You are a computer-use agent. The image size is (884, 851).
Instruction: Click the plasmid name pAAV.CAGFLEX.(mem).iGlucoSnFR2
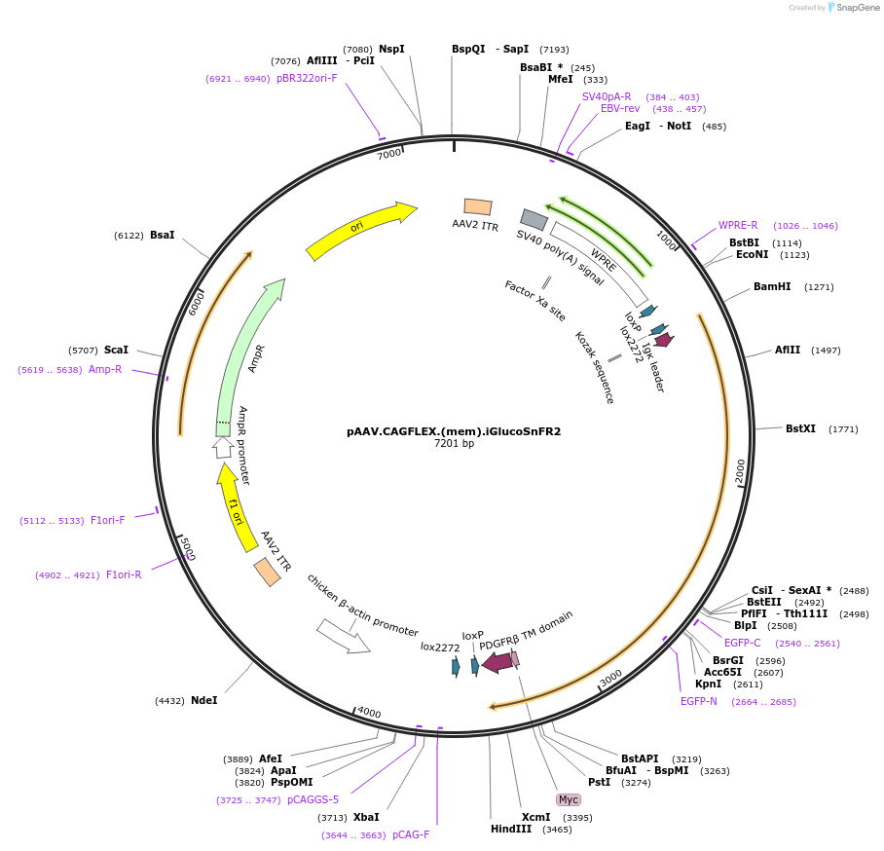(x=454, y=431)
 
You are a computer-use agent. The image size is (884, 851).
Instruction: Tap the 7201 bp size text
(x=454, y=444)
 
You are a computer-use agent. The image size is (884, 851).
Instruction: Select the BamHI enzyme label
(x=773, y=287)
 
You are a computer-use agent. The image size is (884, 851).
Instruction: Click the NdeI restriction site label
(x=203, y=700)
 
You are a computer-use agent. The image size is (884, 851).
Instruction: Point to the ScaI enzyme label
(x=116, y=350)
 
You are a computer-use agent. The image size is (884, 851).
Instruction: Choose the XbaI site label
(x=366, y=818)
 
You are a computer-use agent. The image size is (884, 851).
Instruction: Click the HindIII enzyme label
(x=511, y=830)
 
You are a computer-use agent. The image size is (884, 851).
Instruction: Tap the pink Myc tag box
(x=568, y=799)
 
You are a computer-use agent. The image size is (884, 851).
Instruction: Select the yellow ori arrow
(x=361, y=230)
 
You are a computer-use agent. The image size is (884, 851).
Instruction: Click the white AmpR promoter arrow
(x=223, y=448)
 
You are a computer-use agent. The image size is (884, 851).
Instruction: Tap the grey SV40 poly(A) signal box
(x=534, y=220)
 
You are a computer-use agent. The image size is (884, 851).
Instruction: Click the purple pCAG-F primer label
(x=410, y=834)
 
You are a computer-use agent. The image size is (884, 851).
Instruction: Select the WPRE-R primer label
(x=738, y=226)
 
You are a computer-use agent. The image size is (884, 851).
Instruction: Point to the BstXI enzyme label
(x=800, y=428)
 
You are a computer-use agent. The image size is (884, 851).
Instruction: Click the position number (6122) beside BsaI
(x=129, y=236)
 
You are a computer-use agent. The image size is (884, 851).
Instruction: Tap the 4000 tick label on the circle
(x=369, y=712)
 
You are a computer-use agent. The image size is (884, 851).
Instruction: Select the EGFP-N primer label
(x=698, y=701)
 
